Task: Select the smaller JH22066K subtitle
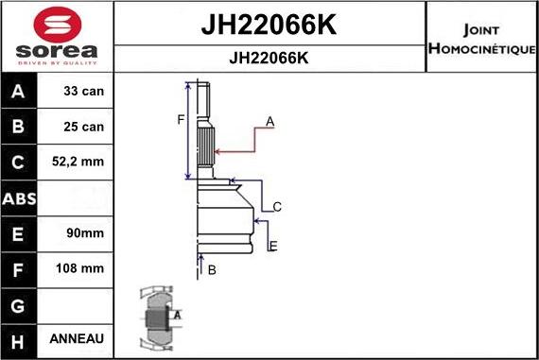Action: [269, 58]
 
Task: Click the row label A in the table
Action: [20, 92]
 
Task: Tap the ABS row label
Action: [20, 197]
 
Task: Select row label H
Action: [20, 338]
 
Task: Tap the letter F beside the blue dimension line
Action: [181, 119]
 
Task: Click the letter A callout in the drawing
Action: [269, 121]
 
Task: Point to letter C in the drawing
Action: [277, 206]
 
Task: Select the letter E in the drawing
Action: [272, 247]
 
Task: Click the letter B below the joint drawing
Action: [212, 270]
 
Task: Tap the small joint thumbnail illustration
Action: [157, 317]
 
